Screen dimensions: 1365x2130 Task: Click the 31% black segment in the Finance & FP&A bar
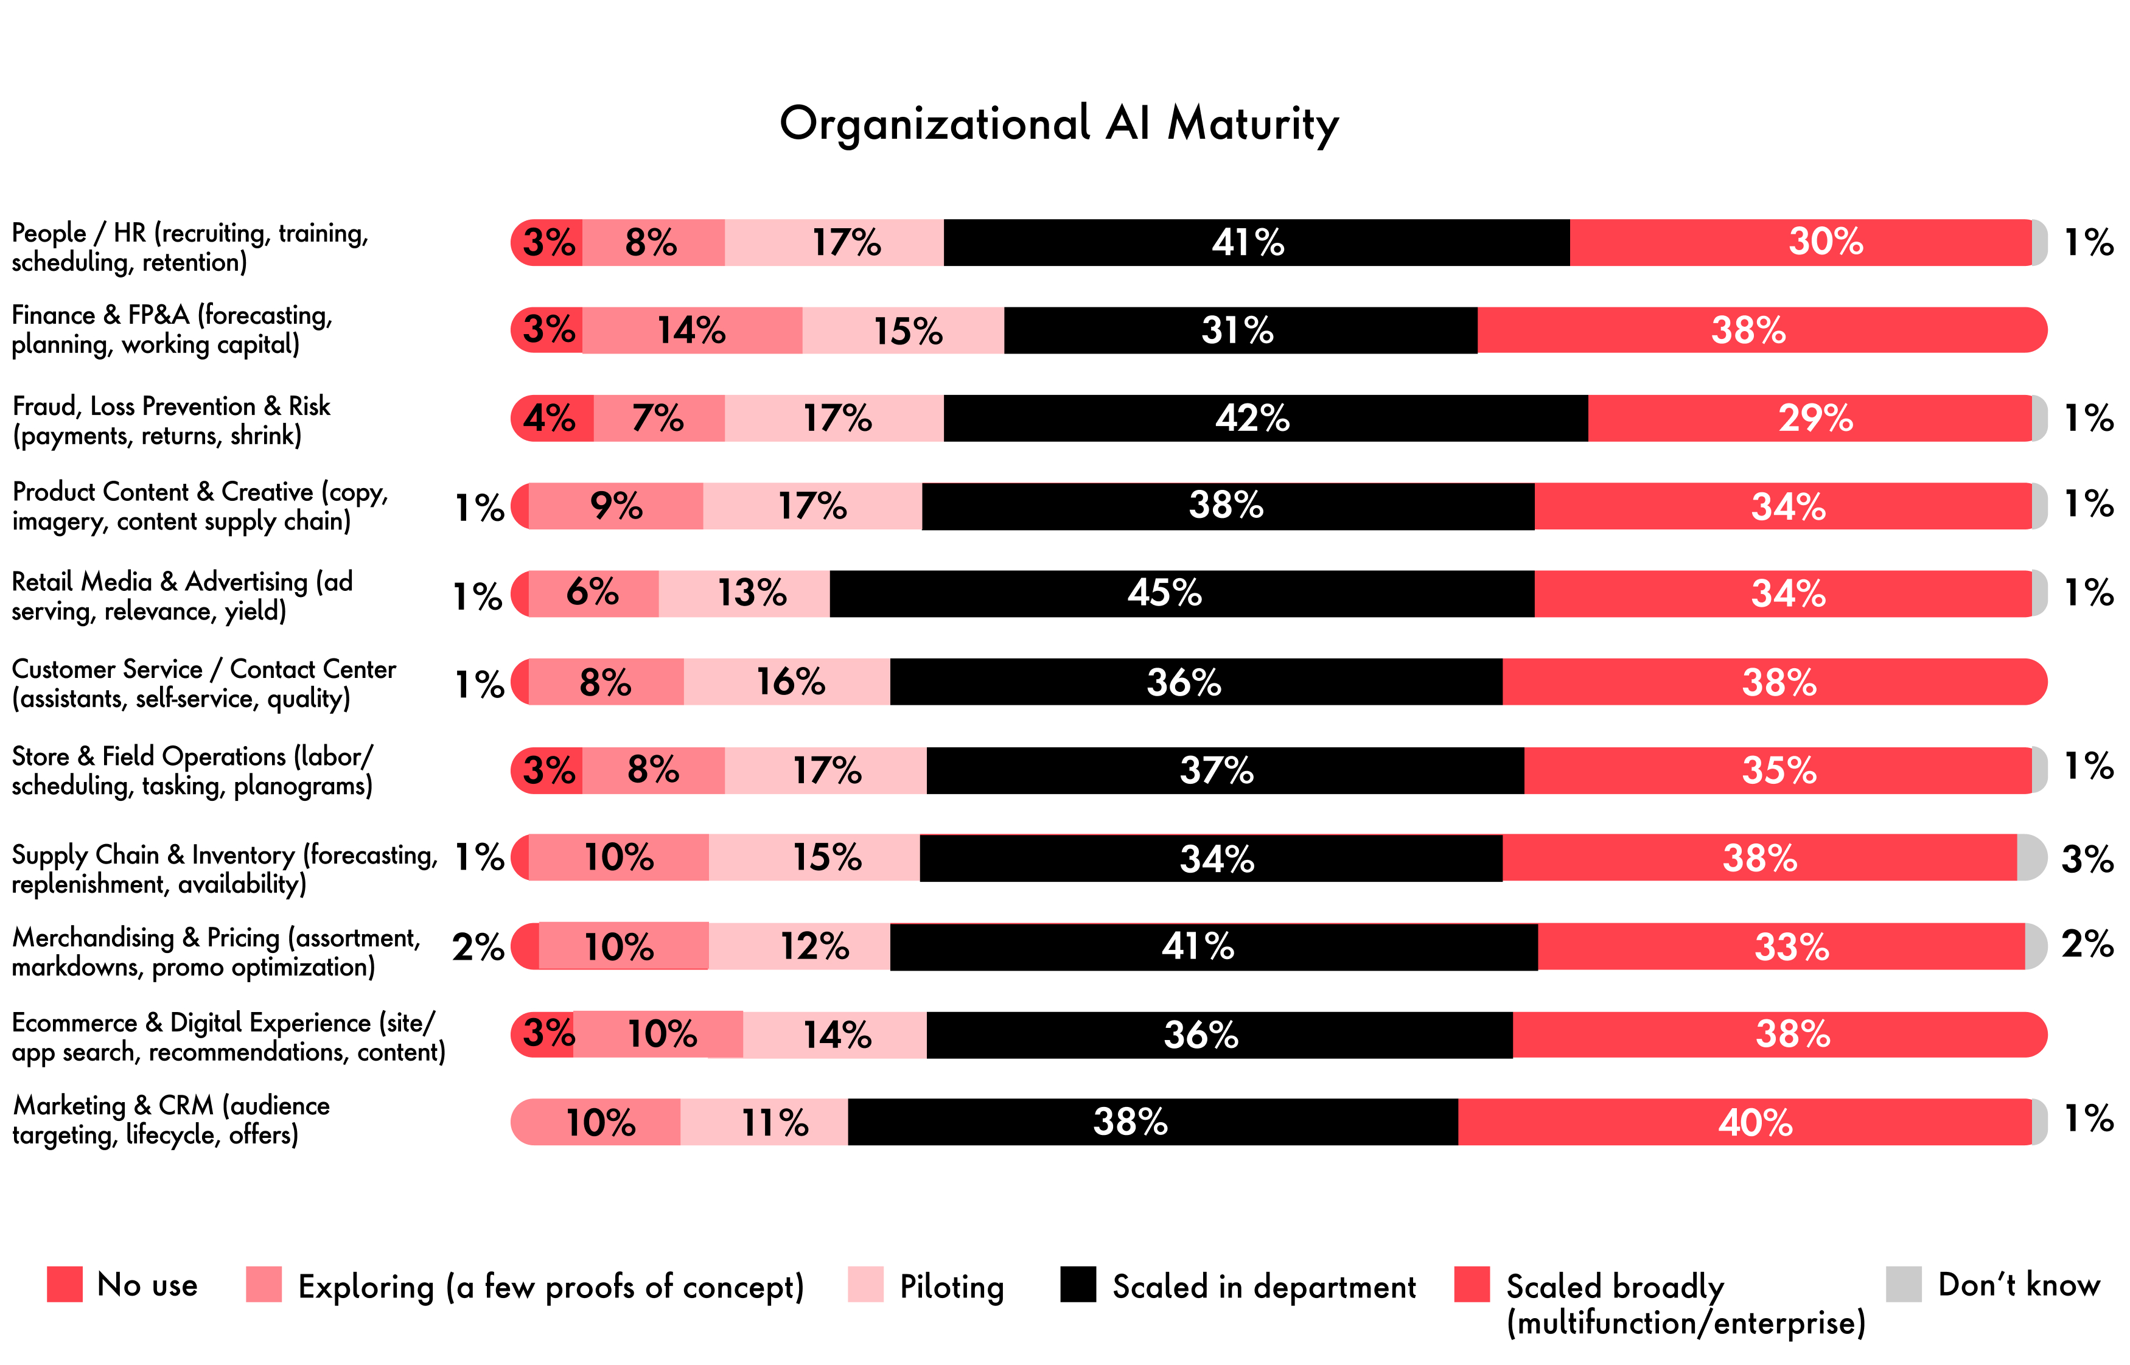point(1239,330)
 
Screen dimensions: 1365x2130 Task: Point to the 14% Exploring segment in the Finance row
point(691,330)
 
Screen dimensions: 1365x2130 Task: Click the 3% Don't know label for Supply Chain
point(2087,859)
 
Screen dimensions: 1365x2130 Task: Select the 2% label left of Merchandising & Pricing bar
point(478,947)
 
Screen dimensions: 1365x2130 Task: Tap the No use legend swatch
point(65,1284)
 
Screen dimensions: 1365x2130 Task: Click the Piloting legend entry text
point(951,1286)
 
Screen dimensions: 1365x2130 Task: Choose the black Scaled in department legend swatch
point(1078,1284)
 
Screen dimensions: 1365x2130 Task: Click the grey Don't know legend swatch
point(1903,1284)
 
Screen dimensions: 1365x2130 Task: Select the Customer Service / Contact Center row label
point(203,683)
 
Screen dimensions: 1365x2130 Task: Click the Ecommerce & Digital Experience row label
point(228,1037)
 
